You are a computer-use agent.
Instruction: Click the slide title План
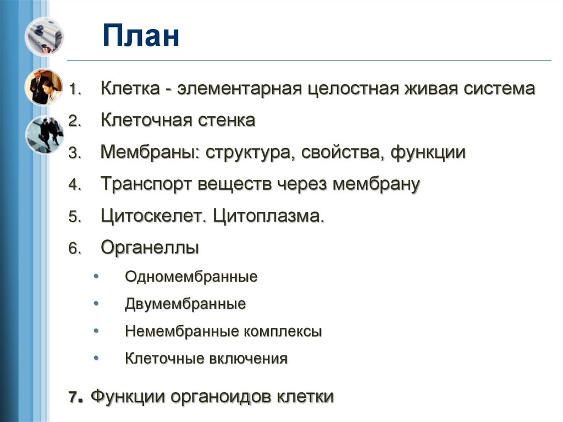(141, 37)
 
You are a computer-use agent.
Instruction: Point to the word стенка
(227, 120)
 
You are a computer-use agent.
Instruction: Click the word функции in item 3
(428, 152)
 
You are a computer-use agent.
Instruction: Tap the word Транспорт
(145, 184)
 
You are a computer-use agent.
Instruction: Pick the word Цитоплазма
(268, 216)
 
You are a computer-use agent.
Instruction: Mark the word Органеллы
(150, 248)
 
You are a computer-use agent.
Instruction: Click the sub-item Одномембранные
(191, 276)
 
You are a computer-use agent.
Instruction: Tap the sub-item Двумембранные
(185, 304)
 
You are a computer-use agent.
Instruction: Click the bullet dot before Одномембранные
(97, 275)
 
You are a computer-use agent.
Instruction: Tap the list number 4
(74, 185)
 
